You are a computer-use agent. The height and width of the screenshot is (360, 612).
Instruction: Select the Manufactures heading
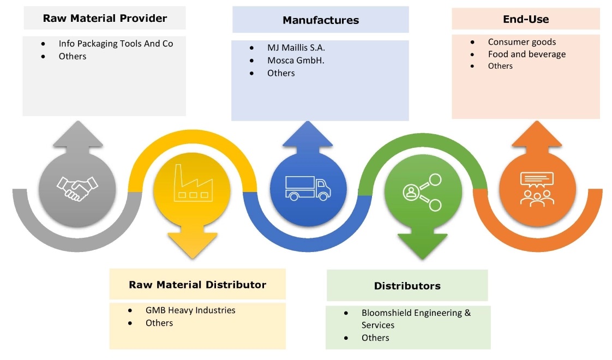pos(320,21)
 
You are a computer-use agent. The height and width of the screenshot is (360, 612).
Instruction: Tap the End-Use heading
pos(525,20)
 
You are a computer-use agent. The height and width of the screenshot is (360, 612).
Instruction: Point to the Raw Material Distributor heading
pos(197,285)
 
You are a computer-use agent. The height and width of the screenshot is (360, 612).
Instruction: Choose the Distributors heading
pos(407,286)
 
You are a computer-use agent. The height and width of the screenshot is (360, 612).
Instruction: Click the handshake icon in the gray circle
pos(77,189)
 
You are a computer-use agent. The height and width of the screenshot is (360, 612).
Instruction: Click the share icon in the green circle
pos(422,191)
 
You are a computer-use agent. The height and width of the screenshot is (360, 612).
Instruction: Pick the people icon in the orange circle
pos(537,188)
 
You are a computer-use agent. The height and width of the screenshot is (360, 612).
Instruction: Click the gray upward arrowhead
pos(77,135)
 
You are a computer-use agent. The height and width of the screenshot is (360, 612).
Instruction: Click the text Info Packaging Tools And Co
pos(116,44)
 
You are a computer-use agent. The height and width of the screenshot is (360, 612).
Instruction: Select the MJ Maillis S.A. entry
pos(296,48)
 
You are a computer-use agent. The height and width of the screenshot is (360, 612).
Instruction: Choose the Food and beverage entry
pos(526,54)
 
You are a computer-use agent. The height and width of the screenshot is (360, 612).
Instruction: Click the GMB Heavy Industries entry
pos(190,310)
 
